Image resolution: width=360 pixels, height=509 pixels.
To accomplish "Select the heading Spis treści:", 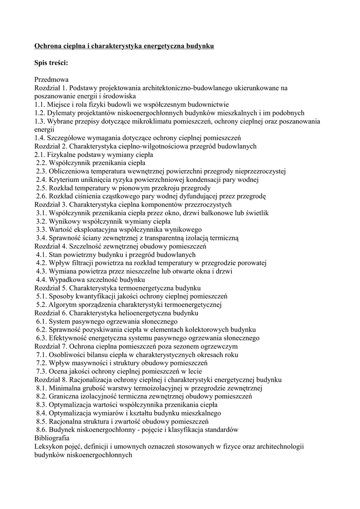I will tap(51, 63).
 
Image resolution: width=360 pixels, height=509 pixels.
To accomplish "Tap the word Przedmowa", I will tap(51, 80).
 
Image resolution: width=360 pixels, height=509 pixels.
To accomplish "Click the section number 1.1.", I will tap(40, 104).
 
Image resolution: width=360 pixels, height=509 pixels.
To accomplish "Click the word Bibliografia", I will tap(52, 438).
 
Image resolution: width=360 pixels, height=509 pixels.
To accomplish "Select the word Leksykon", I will tap(49, 446).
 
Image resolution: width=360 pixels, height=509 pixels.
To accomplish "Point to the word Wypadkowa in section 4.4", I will tap(67, 279).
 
